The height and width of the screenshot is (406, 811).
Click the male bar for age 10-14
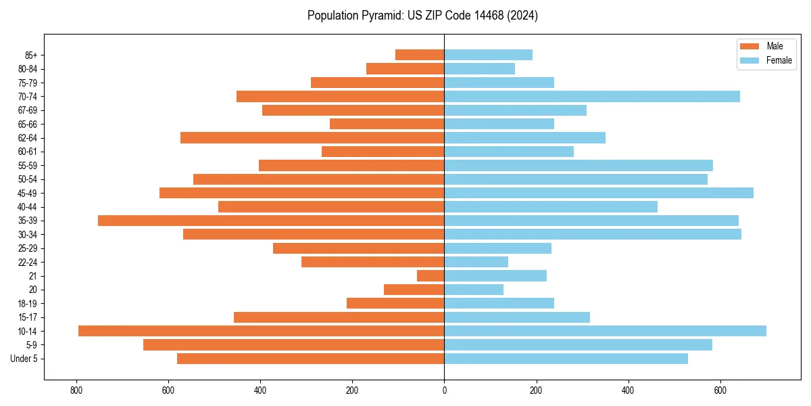pyautogui.click(x=261, y=331)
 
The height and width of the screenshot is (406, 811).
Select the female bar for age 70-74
pyautogui.click(x=592, y=96)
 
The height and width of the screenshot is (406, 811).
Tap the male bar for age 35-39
pyautogui.click(x=271, y=221)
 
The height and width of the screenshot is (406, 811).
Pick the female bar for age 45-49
pyautogui.click(x=599, y=193)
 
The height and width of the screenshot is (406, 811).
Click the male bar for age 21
pyautogui.click(x=431, y=275)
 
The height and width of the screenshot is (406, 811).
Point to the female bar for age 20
pyautogui.click(x=474, y=290)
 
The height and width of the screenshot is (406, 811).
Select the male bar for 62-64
pyautogui.click(x=312, y=137)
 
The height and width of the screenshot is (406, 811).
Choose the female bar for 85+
pyautogui.click(x=488, y=55)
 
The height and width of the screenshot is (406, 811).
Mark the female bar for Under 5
pyautogui.click(x=566, y=359)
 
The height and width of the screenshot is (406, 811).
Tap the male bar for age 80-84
pyautogui.click(x=405, y=68)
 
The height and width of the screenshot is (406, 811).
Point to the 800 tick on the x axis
pyautogui.click(x=76, y=390)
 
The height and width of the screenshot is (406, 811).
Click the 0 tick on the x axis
pyautogui.click(x=444, y=390)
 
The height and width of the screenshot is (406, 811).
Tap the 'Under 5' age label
pyautogui.click(x=24, y=359)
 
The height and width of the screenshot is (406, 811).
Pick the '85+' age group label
pyautogui.click(x=31, y=55)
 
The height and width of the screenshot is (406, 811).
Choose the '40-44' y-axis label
pyautogui.click(x=28, y=207)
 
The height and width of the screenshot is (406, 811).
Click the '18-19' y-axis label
pyautogui.click(x=28, y=303)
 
